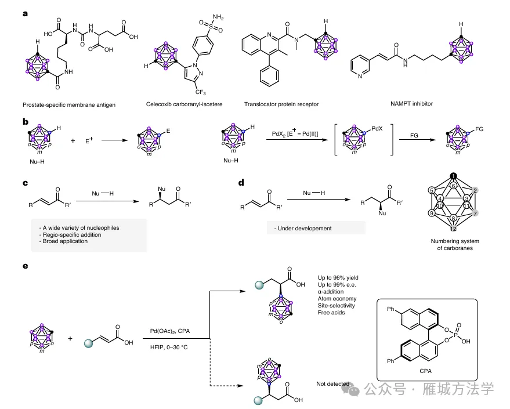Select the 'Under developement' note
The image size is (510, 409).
pos(304,228)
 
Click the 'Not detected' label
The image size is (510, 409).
pos(333,384)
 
